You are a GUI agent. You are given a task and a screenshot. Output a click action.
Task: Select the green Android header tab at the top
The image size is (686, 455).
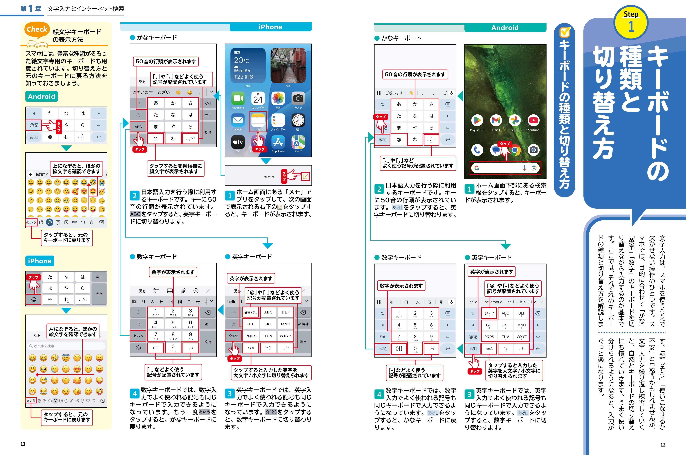[505, 28]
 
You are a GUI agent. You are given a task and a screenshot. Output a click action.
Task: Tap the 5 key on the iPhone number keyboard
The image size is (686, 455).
[173, 324]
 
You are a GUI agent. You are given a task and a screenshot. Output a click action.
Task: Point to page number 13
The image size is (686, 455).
[23, 444]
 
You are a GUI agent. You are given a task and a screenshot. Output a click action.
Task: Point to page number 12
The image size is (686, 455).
[663, 445]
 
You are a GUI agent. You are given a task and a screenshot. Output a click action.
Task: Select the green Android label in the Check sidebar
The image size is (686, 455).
[41, 96]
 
